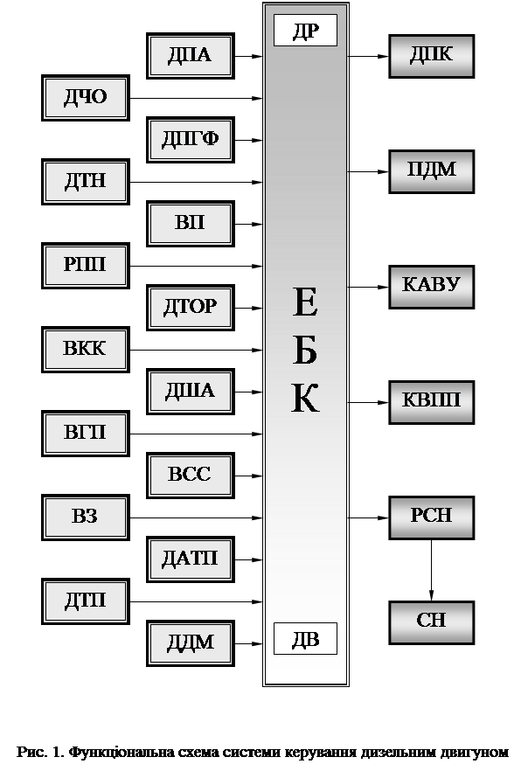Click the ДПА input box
191,56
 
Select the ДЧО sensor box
86,98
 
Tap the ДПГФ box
191,140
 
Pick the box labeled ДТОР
191,308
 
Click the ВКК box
86,350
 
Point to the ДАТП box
191,559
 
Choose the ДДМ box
191,643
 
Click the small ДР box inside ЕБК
305,31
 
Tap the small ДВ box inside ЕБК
305,638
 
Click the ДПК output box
432,56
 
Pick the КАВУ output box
432,287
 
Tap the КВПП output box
432,402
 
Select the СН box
432,622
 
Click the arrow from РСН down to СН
432,570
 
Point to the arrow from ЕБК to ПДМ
368,171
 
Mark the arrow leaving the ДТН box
196,182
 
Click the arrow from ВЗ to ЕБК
196,517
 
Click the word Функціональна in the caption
143,753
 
